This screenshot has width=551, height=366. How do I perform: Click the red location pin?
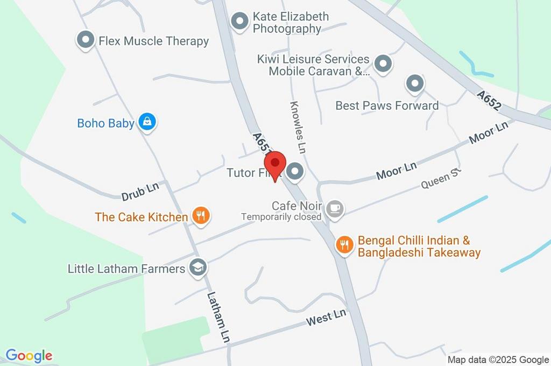275,164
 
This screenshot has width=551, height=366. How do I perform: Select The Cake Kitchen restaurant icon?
201,216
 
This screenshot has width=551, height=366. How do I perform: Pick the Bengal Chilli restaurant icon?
344,245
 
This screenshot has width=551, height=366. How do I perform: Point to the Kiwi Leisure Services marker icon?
383,64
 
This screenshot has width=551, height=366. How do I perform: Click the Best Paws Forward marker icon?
414,83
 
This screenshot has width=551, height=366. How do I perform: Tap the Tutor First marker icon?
294,172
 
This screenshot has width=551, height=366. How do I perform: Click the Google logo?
29,355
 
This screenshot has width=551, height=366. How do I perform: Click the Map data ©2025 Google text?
498,360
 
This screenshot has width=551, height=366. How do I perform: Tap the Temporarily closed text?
281,217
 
